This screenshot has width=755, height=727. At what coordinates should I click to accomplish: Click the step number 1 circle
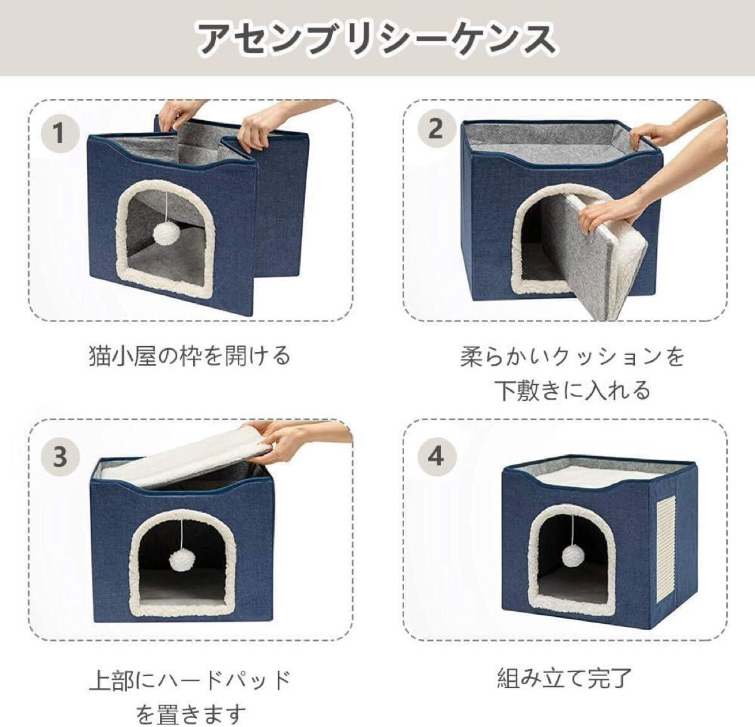pyautogui.click(x=60, y=133)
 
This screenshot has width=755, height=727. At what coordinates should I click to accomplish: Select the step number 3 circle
pyautogui.click(x=60, y=456)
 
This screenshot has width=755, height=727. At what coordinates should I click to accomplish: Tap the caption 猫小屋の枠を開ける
pyautogui.click(x=190, y=356)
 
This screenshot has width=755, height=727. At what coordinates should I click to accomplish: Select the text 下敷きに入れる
pyautogui.click(x=573, y=390)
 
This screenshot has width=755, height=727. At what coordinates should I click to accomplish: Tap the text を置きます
pyautogui.click(x=191, y=713)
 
